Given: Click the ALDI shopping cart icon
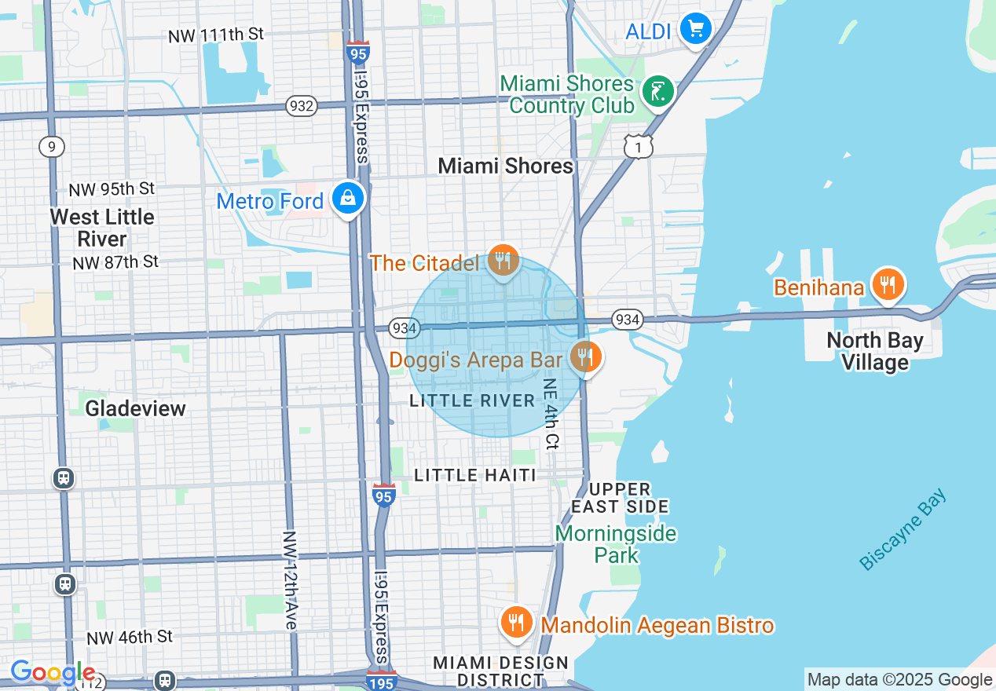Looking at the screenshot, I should point(695,30).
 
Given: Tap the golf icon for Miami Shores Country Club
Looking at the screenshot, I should point(657,92).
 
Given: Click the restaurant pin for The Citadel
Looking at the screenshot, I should point(503,260).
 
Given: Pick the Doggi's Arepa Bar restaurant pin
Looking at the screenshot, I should point(584,357).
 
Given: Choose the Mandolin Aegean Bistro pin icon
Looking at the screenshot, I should point(516,623).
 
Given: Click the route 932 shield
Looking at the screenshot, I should point(301,106).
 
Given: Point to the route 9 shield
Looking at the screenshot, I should point(52,146).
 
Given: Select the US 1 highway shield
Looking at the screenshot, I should point(639,146).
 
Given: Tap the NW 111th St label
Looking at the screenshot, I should point(215,35).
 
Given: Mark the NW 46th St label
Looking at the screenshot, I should point(130,637).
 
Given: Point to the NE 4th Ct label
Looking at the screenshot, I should point(551,414).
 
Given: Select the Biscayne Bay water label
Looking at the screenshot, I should point(903,530).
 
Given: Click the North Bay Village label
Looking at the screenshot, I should point(874,351).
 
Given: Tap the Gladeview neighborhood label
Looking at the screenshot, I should point(135,408).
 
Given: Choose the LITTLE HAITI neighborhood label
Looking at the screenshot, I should point(475,475).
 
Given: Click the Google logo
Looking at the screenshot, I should point(53,673).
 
